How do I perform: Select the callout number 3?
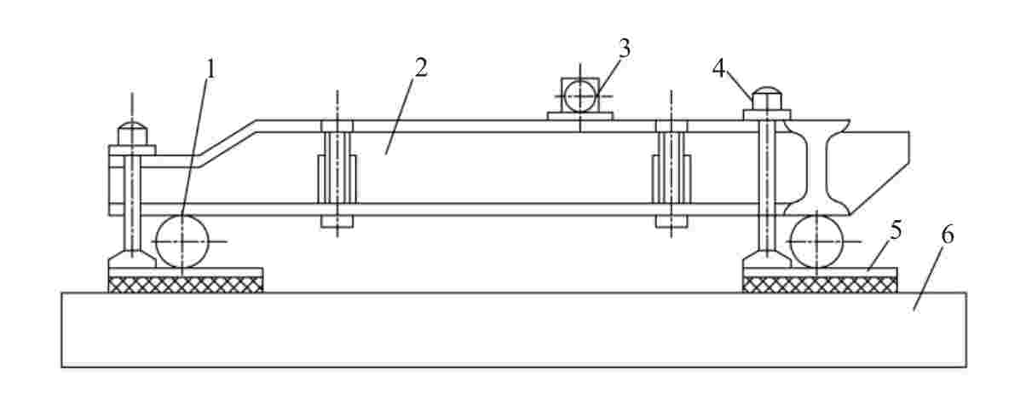[x=625, y=49]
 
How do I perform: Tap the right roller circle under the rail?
[x=816, y=241]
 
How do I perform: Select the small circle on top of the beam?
[x=580, y=96]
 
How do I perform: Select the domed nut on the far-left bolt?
[x=132, y=134]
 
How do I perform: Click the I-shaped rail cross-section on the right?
[x=818, y=171]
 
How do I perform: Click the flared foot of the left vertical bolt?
[x=131, y=258]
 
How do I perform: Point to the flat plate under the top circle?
[x=580, y=116]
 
